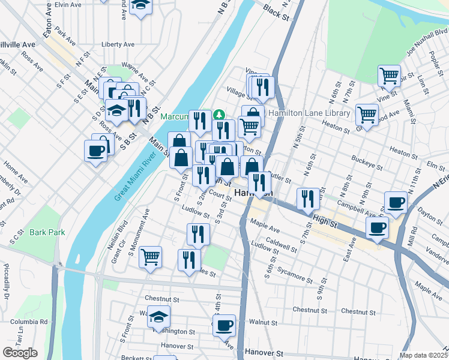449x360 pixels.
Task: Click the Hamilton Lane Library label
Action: (309, 113)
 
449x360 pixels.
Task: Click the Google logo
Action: (20, 353)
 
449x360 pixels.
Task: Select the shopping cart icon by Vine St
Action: (389, 76)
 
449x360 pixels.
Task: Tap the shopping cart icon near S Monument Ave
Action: (150, 257)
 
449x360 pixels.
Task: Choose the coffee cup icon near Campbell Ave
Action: (395, 203)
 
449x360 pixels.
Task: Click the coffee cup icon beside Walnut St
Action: (224, 325)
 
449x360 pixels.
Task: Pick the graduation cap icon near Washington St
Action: (158, 316)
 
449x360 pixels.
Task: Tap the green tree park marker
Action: (220, 113)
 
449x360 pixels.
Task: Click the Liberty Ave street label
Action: (118, 44)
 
